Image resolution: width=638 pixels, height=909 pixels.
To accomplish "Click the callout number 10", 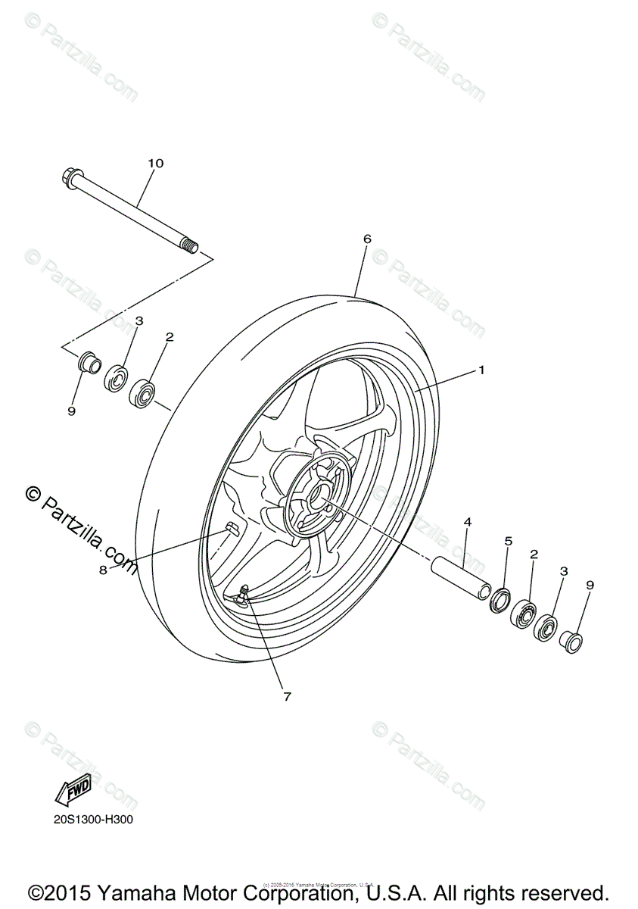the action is (155, 163).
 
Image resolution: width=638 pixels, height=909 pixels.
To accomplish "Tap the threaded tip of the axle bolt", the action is (191, 246).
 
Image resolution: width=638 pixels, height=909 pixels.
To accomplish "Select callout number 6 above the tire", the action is (367, 239).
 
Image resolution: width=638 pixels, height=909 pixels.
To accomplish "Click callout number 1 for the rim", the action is (481, 370).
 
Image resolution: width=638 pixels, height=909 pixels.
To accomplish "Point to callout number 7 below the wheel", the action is (287, 695).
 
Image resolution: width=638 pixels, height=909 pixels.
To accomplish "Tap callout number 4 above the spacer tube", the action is (468, 522).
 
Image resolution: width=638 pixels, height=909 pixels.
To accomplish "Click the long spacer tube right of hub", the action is (459, 577).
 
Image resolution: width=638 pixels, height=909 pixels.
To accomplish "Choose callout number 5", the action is (509, 541).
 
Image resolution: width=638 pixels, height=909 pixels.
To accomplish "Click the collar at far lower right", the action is (571, 640).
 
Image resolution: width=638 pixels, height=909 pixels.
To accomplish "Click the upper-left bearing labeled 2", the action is (142, 392).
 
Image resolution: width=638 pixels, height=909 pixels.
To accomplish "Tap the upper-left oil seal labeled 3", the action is (116, 376).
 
